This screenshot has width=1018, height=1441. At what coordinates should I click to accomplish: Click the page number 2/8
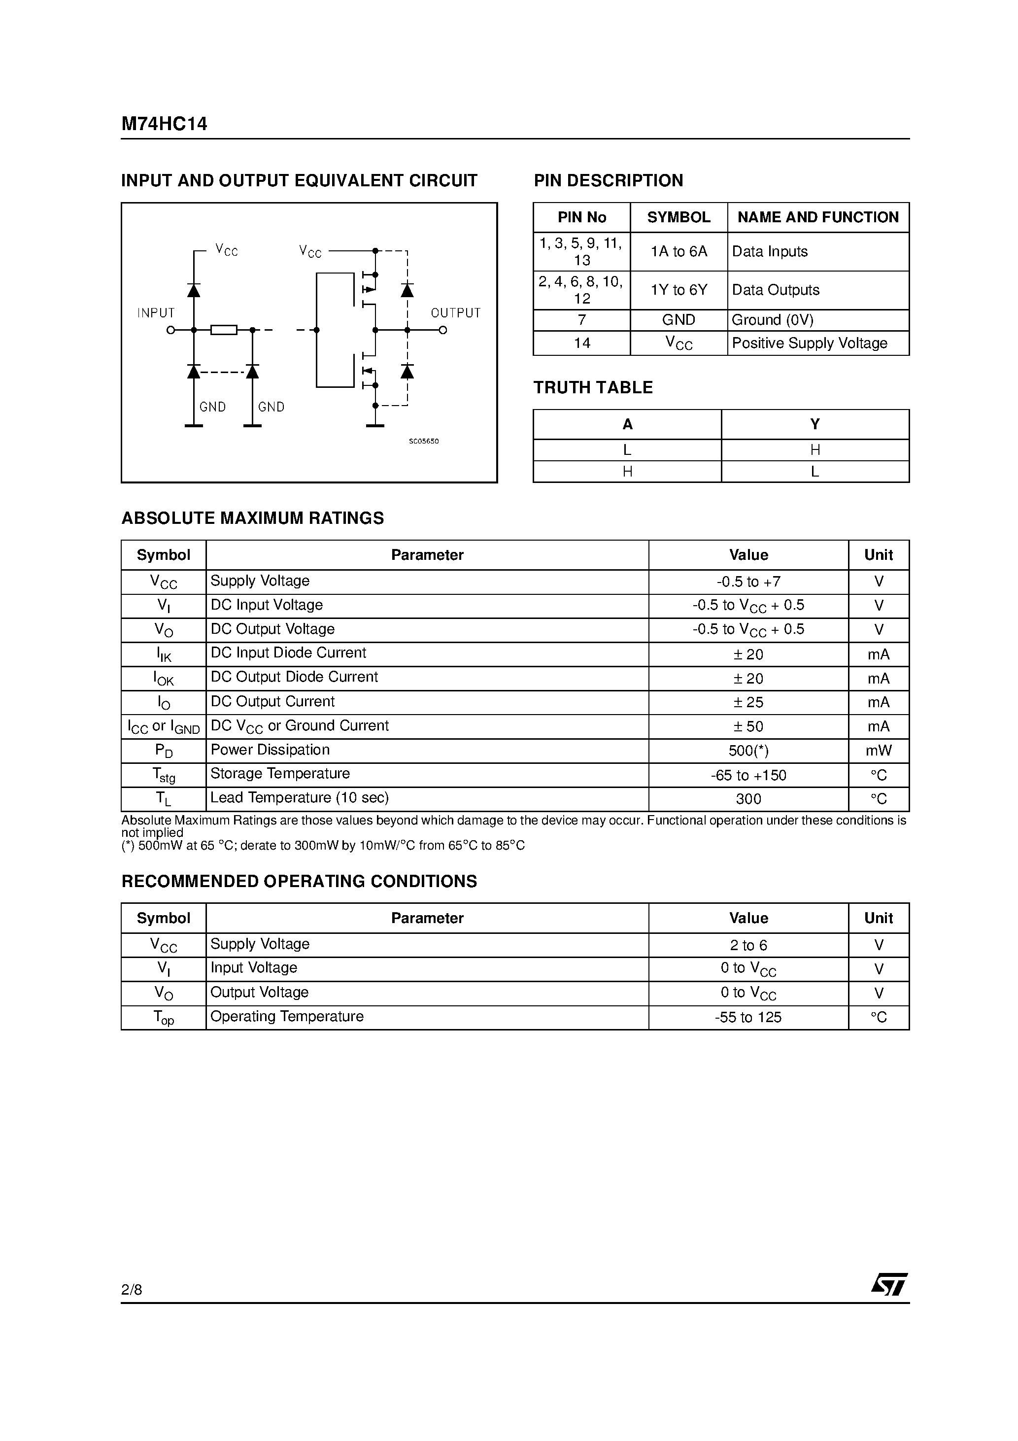pos(132,1289)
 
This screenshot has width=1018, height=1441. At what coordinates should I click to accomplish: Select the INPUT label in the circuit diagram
pos(156,312)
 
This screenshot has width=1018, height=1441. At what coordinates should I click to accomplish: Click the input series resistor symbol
pos(223,330)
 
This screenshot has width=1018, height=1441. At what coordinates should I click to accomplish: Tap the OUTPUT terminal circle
pos(442,330)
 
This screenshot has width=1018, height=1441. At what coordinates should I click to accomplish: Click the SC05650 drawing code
pos(424,441)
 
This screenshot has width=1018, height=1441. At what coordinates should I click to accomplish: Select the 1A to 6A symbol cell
pos(679,252)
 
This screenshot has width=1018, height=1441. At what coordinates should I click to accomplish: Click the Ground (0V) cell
pos(773,320)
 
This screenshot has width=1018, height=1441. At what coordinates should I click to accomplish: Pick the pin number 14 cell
pos(582,343)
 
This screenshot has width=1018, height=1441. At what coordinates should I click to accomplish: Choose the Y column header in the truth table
pos(814,424)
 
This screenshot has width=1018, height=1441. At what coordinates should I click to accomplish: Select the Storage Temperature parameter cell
pos(280,774)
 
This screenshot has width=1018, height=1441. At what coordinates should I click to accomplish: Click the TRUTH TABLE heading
pos(593,388)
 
